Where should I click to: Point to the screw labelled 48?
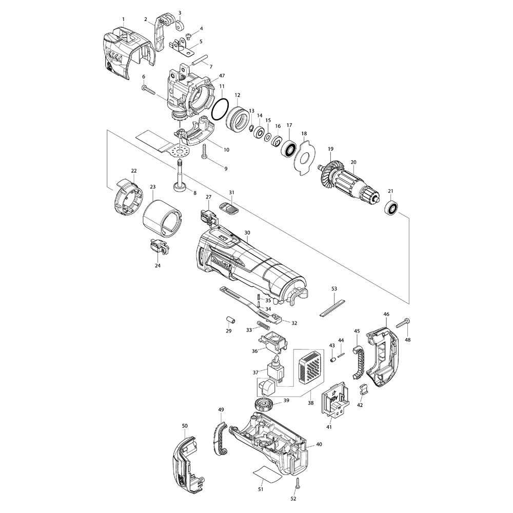click(402, 323)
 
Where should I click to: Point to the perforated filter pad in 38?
click(311, 368)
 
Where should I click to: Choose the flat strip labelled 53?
click(333, 309)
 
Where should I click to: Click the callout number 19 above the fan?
click(331, 150)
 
